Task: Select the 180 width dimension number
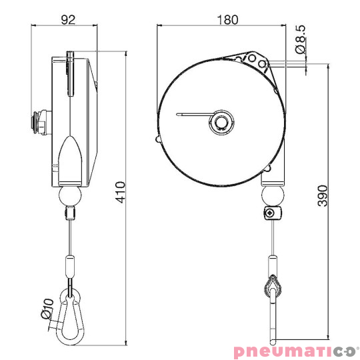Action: pyautogui.click(x=227, y=19)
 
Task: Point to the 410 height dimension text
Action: pyautogui.click(x=121, y=193)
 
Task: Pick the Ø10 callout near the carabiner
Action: pyautogui.click(x=46, y=308)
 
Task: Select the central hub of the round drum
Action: pyautogui.click(x=222, y=122)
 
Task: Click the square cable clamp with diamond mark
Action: pyautogui.click(x=270, y=214)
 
